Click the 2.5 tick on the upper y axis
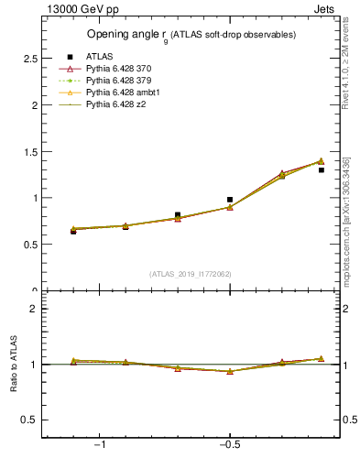click(29, 59)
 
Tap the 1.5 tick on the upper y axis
click(29, 151)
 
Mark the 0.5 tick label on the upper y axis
click(29, 245)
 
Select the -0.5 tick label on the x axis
click(228, 444)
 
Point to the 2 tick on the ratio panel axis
click(34, 309)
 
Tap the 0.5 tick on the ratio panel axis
click(29, 420)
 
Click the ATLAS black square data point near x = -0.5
click(230, 199)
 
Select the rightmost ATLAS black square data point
click(321, 169)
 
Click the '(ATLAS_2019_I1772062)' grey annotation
click(190, 273)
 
